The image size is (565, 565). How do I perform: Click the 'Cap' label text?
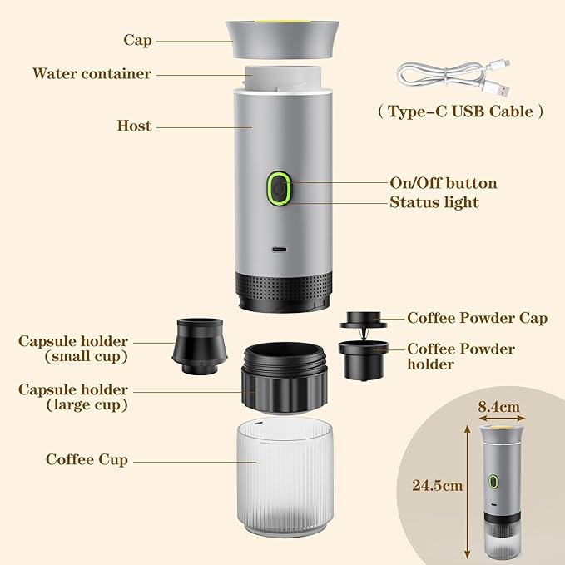137,40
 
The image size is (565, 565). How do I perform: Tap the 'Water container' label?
92,74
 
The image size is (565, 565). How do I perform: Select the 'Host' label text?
134,126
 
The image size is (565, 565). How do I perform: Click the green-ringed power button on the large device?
278,187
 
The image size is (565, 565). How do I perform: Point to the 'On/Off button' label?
443,183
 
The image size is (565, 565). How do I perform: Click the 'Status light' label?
434,202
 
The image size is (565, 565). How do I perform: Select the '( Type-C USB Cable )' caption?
460,112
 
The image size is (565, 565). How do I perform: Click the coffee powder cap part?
364,320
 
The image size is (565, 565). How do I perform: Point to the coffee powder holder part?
363,359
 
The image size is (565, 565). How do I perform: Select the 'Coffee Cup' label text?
87,459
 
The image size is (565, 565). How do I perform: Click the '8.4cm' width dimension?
499,408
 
